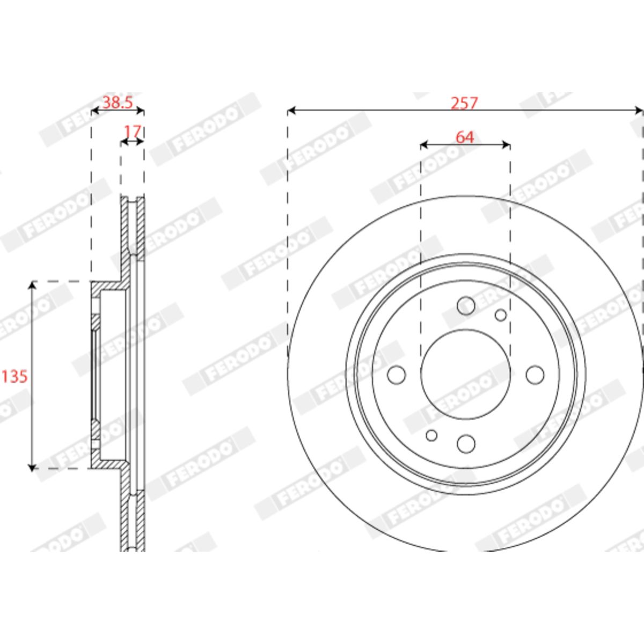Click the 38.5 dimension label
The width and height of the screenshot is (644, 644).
pyautogui.click(x=118, y=103)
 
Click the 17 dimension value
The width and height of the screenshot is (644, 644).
pyautogui.click(x=133, y=131)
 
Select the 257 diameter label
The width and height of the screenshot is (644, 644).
pyautogui.click(x=465, y=103)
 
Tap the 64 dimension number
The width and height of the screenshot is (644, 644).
pyautogui.click(x=465, y=137)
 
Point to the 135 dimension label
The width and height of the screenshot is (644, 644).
pyautogui.click(x=14, y=377)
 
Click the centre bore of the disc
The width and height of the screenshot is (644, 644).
pyautogui.click(x=465, y=374)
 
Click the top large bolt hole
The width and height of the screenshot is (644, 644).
pyautogui.click(x=466, y=305)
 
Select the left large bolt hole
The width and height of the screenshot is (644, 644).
pyautogui.click(x=397, y=375)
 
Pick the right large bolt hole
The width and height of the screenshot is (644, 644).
pyautogui.click(x=535, y=375)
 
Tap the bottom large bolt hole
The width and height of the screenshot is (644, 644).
pyautogui.click(x=466, y=444)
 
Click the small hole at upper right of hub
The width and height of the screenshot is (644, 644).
pyautogui.click(x=501, y=315)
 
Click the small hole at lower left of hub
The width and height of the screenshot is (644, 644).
pyautogui.click(x=431, y=435)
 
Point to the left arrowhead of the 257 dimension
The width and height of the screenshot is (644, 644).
pyautogui.click(x=291, y=111)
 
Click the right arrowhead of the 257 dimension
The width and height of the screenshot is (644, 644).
pyautogui.click(x=639, y=111)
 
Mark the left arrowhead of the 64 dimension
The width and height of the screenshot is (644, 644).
pyautogui.click(x=425, y=145)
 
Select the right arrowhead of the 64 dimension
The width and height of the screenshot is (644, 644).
pyautogui.click(x=506, y=145)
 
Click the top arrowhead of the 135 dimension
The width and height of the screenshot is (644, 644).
pyautogui.click(x=32, y=286)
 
